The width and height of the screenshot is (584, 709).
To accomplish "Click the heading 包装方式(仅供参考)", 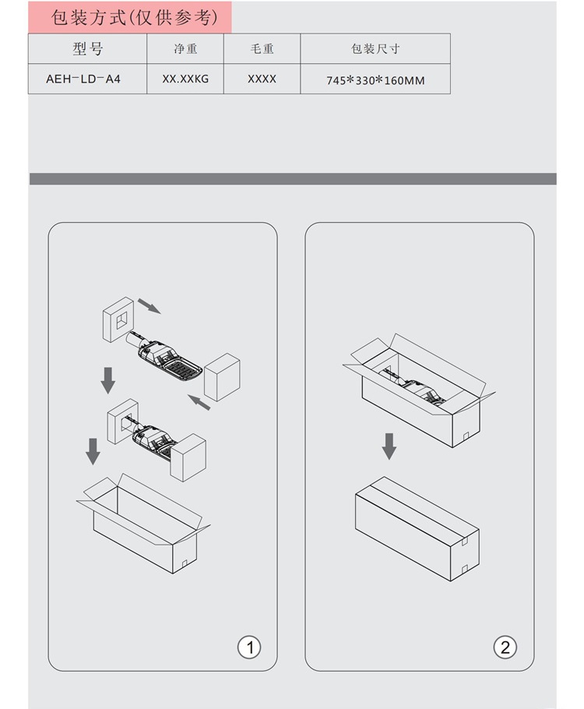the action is [134, 18].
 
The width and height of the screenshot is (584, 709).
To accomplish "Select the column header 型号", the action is [88, 48].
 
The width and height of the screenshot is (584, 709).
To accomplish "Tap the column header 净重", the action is [185, 48].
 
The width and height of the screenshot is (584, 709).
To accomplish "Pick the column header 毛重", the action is [262, 48].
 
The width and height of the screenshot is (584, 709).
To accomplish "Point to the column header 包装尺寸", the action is [375, 48].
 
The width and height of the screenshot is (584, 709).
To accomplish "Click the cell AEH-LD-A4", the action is [83, 79].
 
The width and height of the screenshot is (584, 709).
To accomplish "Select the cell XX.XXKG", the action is [185, 79].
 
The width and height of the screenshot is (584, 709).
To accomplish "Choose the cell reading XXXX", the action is [262, 79].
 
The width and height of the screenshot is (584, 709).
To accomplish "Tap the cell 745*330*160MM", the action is [375, 80].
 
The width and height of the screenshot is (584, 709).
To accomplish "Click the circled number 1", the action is [249, 647].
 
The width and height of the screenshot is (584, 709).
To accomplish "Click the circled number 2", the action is [505, 647].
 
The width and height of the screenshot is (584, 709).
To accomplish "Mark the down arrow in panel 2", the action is [389, 446].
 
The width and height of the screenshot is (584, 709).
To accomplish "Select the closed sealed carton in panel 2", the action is [417, 528].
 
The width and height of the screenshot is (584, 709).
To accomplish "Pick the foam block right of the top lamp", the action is [222, 377].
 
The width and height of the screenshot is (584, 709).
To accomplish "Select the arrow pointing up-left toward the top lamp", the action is [199, 403].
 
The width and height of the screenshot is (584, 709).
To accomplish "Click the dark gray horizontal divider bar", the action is [293, 178].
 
